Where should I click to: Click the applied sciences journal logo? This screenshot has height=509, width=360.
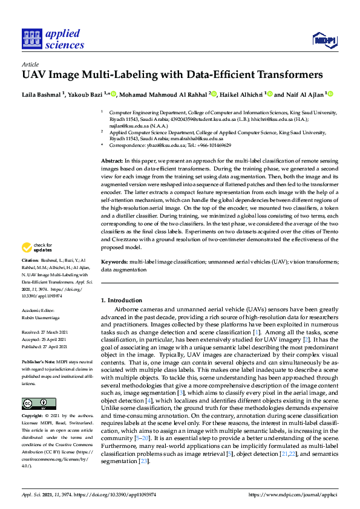click(53, 39)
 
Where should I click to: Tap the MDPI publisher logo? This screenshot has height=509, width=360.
click(324, 41)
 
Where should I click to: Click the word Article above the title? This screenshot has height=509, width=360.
click(30, 63)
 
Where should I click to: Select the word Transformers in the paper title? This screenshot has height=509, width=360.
click(286, 76)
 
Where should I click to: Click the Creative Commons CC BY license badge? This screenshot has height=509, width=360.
click(39, 404)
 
